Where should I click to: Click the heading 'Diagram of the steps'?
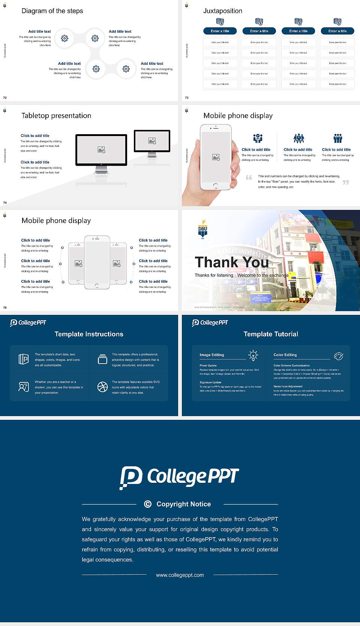[x=52, y=11]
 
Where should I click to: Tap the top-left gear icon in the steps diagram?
[x=64, y=38]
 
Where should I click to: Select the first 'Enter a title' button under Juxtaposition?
[x=220, y=31]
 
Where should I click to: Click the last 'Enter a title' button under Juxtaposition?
[x=337, y=31]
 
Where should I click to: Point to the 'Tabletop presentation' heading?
[x=56, y=116]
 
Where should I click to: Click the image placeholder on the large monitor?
[x=101, y=150]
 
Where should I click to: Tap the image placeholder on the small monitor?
[x=152, y=141]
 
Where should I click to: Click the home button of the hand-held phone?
[x=215, y=186]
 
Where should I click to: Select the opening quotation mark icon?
[x=249, y=177]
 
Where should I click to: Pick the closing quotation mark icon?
[x=346, y=183]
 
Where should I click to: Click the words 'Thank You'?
[x=231, y=262]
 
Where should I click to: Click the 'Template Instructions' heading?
[x=89, y=334]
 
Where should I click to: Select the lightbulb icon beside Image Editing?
[x=253, y=355]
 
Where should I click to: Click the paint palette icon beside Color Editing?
[x=339, y=356]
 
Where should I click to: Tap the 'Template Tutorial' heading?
[x=271, y=334]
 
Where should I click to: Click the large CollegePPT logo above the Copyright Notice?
[x=179, y=477]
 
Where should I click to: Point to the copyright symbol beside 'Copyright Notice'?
[x=148, y=504]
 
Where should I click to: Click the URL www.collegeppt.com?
[x=180, y=575]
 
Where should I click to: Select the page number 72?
[x=5, y=97]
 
